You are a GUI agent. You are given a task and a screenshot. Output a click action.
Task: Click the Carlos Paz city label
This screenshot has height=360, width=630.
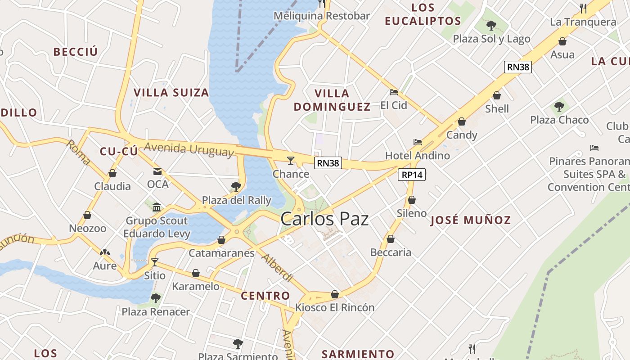324,219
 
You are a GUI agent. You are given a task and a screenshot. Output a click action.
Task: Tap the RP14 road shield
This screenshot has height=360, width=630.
411,175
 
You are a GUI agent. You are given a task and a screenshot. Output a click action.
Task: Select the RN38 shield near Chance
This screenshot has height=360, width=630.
328,163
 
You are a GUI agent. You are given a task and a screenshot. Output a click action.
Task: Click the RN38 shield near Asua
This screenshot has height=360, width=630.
518,67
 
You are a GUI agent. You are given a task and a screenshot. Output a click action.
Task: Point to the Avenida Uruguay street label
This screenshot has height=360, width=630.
189,149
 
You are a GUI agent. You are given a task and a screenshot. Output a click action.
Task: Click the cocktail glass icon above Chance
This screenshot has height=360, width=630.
291,160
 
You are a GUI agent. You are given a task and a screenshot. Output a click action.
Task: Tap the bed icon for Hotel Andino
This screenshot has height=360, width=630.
418,142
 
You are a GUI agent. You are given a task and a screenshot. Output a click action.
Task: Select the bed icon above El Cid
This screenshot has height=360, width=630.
394,92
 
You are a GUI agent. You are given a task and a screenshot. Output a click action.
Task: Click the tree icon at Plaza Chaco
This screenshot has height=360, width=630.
559,107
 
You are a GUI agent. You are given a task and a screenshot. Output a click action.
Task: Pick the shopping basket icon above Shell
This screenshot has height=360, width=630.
497,95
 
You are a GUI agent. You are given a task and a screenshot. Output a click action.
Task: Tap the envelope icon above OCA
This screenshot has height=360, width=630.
157,171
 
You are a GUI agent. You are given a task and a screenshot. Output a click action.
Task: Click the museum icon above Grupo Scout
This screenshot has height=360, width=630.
157,207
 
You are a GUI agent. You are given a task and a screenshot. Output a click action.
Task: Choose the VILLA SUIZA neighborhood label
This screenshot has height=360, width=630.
171,93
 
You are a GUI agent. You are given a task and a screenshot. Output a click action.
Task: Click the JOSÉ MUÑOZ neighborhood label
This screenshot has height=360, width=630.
471,220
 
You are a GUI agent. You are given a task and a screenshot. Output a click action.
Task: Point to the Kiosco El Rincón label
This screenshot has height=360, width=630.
335,308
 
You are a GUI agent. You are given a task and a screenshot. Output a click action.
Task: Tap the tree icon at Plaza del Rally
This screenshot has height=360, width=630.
236,187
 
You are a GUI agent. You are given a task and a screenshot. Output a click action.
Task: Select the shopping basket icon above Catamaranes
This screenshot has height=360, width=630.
221,240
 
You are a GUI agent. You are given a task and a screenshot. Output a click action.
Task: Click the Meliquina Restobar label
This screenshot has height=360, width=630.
322,16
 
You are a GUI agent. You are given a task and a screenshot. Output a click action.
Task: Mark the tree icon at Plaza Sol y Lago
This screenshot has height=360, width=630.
491,25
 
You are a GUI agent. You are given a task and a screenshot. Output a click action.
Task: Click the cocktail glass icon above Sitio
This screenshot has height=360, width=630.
155,262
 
